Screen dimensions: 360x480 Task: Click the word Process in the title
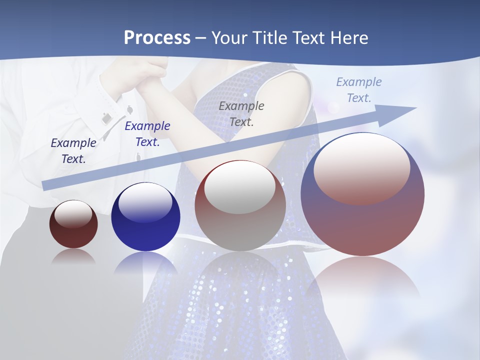157,38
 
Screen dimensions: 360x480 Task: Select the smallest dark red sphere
73,224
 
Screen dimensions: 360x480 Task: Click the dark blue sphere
145,217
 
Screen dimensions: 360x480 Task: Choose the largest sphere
362,195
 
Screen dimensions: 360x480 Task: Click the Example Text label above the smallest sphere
73,151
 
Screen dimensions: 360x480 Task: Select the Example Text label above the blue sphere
147,134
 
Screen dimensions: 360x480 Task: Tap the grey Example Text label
241,113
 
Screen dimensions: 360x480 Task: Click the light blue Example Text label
359,90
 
